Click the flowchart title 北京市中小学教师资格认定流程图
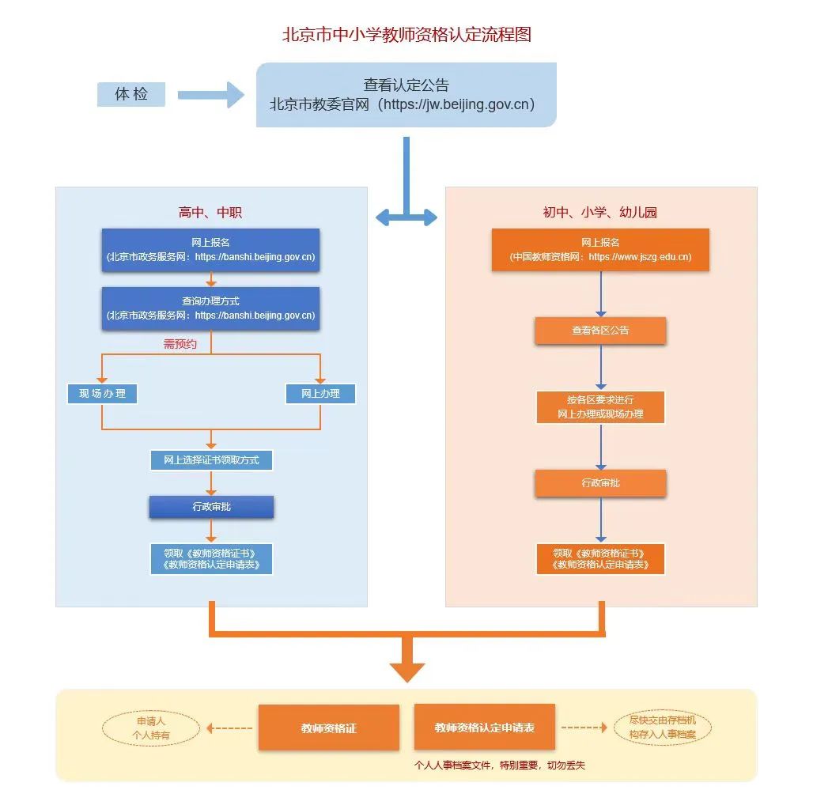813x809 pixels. tap(406, 35)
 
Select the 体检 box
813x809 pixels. tap(131, 94)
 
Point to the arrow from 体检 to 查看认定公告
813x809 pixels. tap(211, 95)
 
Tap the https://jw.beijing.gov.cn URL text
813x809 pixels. tap(456, 104)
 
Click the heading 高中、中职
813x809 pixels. tap(210, 212)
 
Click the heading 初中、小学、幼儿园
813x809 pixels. tap(600, 212)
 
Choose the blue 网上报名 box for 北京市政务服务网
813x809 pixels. tap(210, 250)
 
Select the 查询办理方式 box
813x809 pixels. tap(210, 308)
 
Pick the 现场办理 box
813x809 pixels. tap(102, 394)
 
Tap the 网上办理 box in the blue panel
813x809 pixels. tap(320, 394)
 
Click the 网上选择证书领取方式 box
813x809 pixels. tap(211, 460)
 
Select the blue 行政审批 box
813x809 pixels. tap(211, 507)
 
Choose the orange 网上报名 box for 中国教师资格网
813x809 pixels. tap(600, 250)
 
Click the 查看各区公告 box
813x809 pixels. tap(600, 331)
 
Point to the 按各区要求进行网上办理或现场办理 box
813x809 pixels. tap(600, 407)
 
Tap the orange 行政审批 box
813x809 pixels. tap(600, 483)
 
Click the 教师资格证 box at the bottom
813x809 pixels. tap(328, 728)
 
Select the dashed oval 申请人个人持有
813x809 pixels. tap(150, 728)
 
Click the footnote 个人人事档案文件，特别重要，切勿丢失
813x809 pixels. tap(500, 766)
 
